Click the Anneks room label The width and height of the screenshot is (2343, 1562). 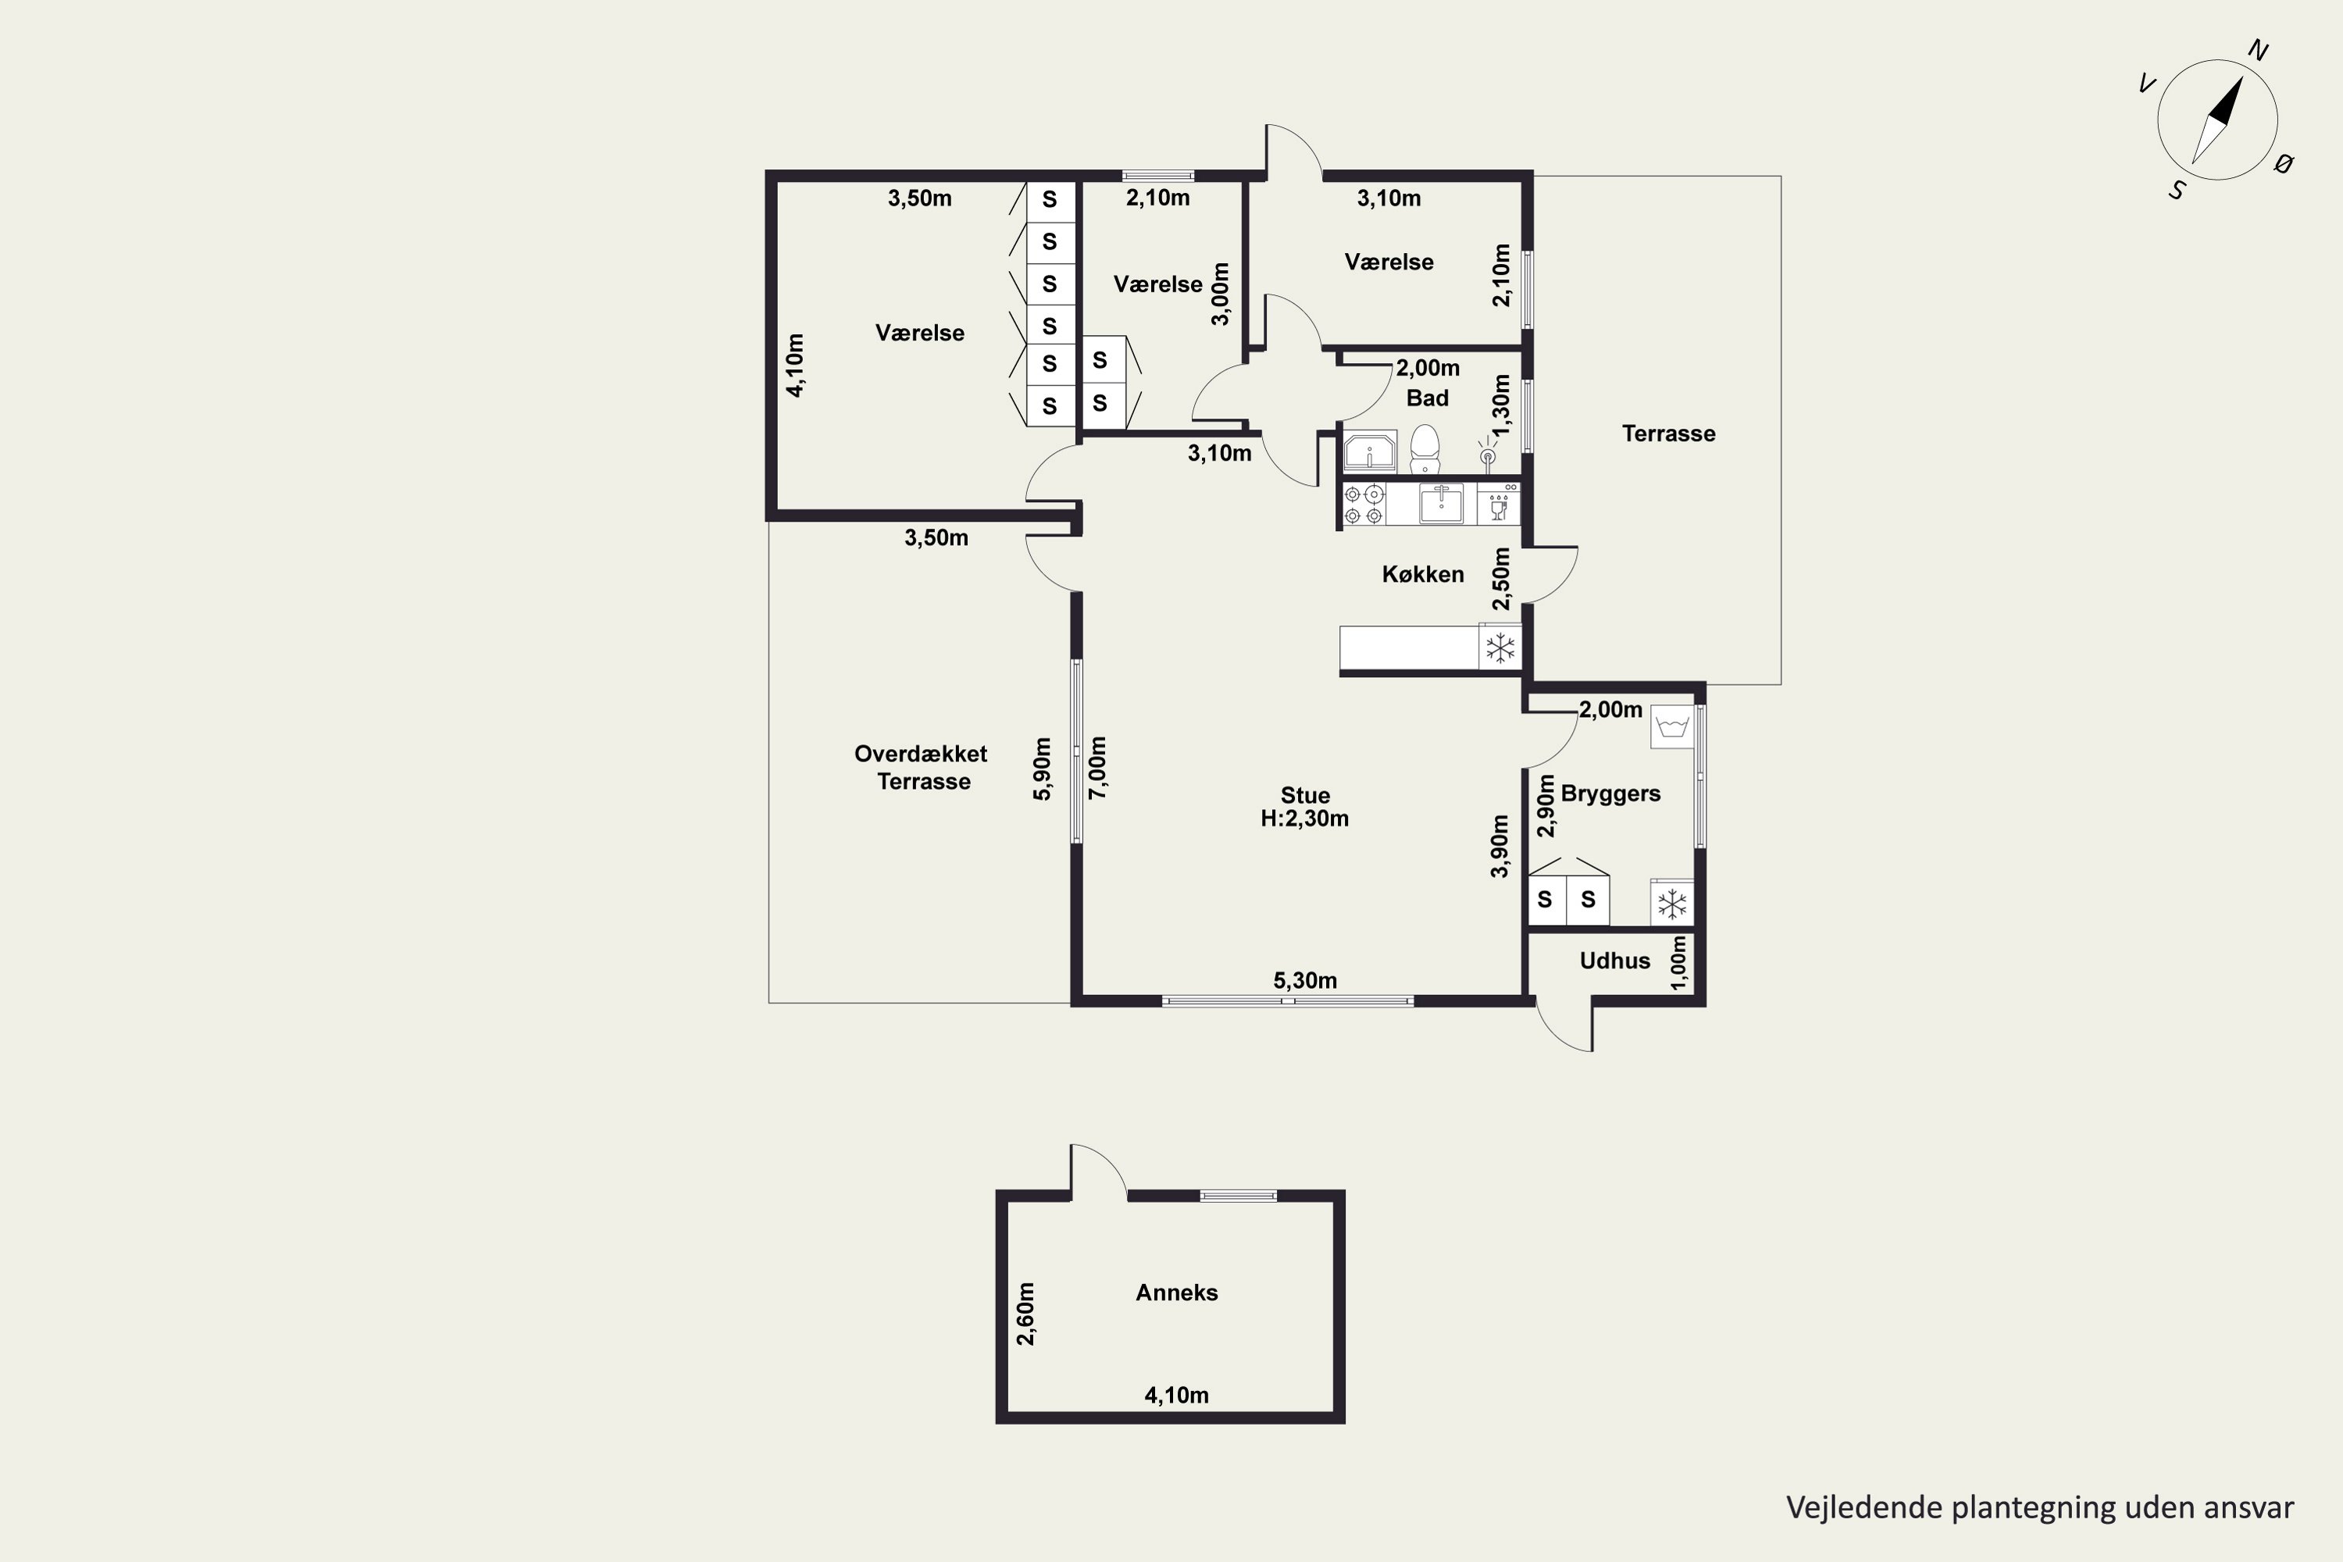[1176, 1292]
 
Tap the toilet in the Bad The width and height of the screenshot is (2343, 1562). [1425, 449]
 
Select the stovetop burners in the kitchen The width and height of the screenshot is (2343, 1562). [1364, 504]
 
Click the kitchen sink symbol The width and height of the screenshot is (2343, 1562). [1440, 503]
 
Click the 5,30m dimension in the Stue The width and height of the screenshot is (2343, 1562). [1305, 980]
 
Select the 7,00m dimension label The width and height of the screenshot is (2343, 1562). [1098, 767]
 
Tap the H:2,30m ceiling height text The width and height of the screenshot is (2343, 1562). [1305, 818]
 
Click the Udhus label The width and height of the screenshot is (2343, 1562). [1615, 961]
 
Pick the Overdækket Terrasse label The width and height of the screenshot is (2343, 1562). [922, 767]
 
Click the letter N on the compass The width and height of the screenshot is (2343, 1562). [2259, 51]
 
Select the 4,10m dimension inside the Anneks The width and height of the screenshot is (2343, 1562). [1176, 1395]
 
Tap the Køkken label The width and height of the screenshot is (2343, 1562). [1422, 574]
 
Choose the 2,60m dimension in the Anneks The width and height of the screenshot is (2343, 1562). [1025, 1313]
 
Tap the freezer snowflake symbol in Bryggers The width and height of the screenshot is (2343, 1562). [1671, 904]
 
